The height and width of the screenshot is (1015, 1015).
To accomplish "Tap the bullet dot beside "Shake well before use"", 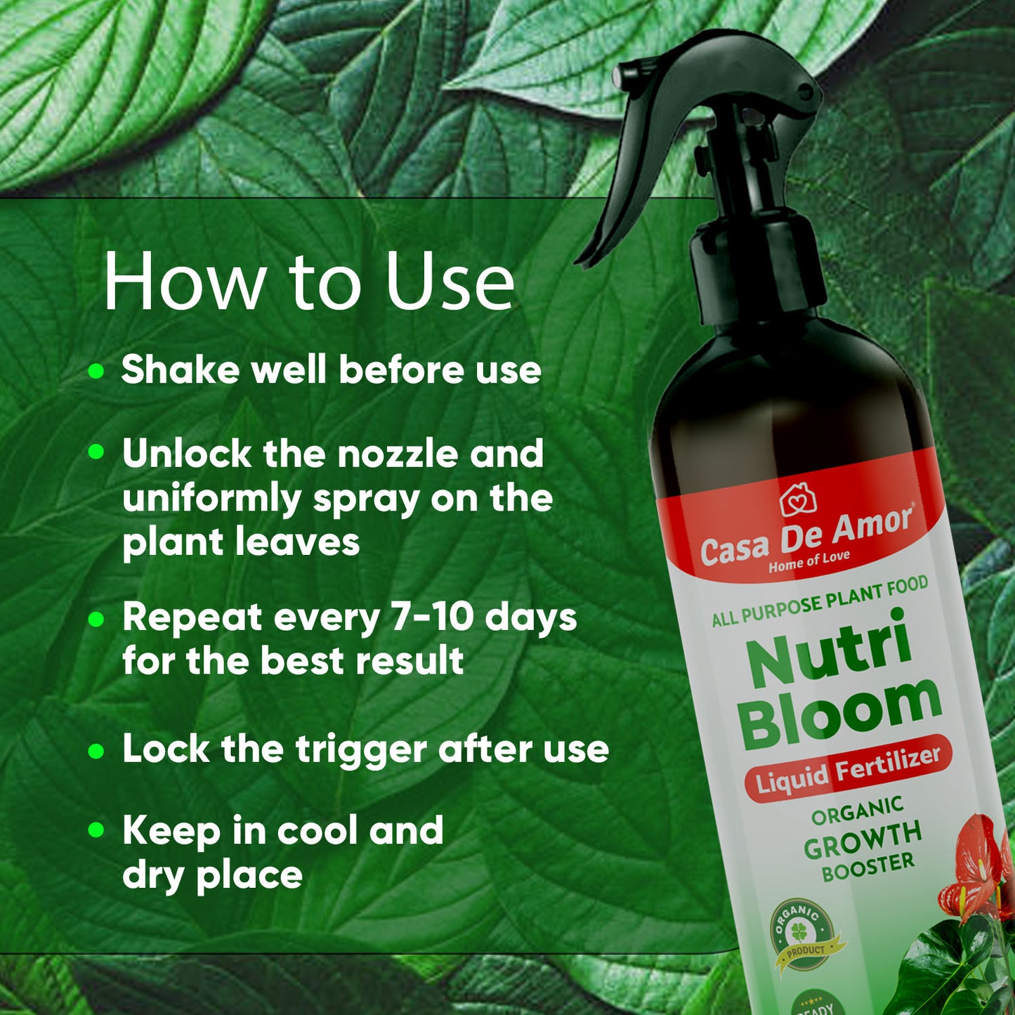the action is click(96, 370).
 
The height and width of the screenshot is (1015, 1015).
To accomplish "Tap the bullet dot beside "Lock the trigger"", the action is click(96, 751).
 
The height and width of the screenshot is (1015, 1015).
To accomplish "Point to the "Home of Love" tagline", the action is click(809, 562).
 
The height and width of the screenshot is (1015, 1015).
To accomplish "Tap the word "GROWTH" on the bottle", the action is click(863, 839).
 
